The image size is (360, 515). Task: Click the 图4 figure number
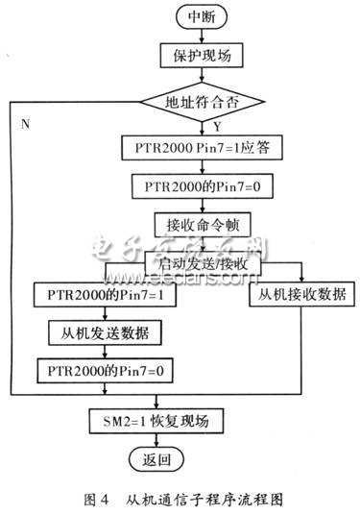coord(101,498)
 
